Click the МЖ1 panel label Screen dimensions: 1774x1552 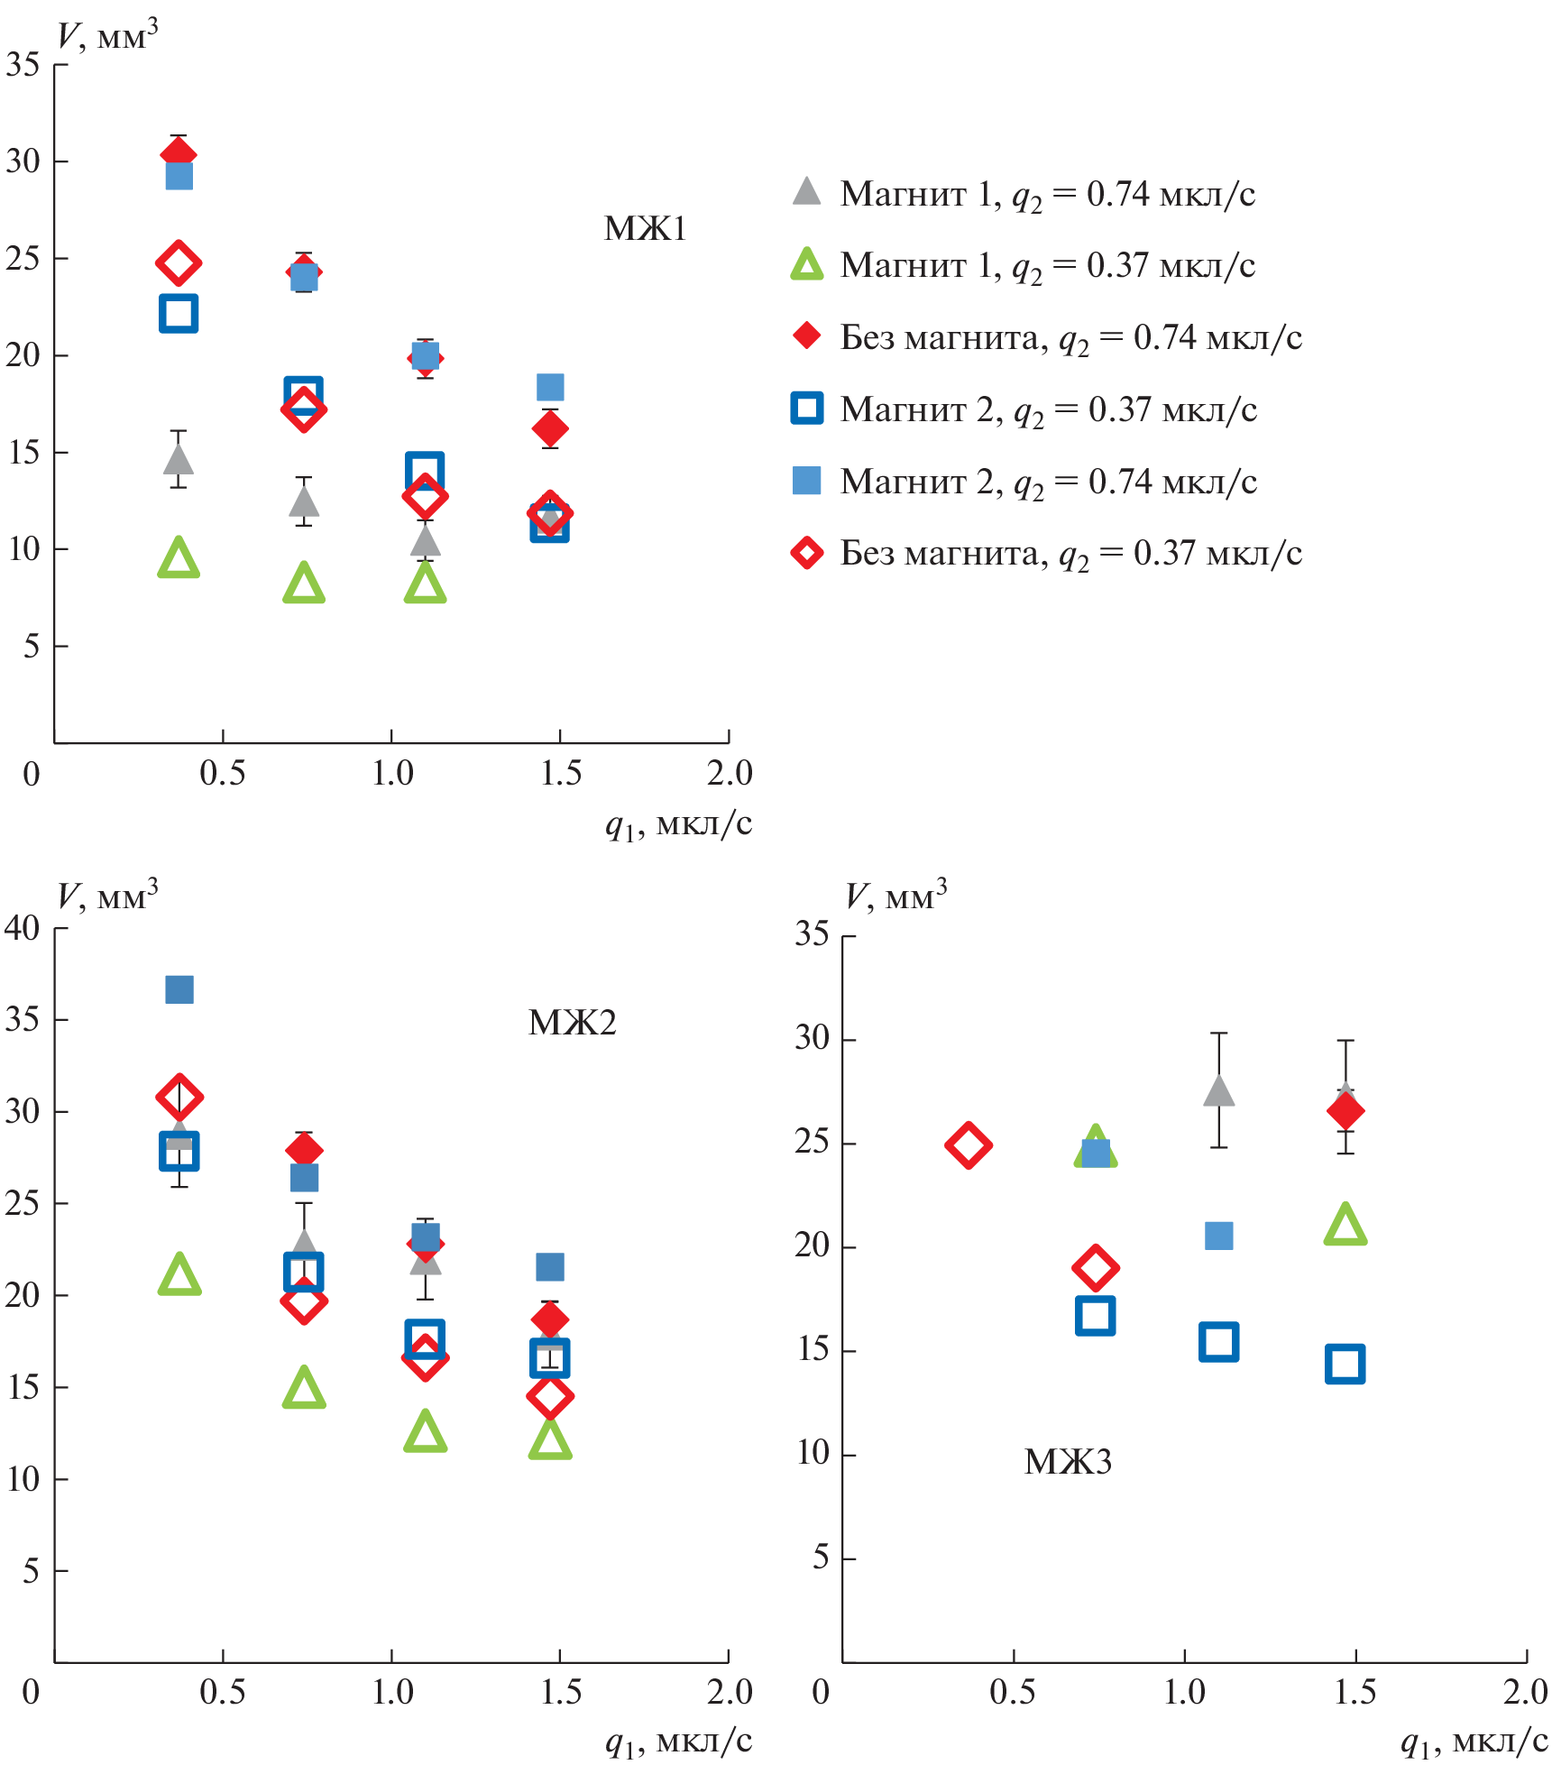[x=645, y=228]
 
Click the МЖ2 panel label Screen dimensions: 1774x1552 [x=572, y=1022]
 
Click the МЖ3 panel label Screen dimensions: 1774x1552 [x=1068, y=1461]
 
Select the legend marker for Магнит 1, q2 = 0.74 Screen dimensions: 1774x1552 [x=806, y=192]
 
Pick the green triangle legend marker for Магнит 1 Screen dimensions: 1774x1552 [x=806, y=264]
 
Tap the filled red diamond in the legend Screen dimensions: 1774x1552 [x=806, y=336]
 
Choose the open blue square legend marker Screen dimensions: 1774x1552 [x=806, y=409]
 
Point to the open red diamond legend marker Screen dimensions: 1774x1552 [x=806, y=553]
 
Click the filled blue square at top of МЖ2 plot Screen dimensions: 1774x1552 [x=179, y=989]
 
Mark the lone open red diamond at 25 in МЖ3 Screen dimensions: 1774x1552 [x=969, y=1145]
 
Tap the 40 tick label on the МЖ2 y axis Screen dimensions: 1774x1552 [x=23, y=928]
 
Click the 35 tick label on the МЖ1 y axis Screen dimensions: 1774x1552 [x=23, y=64]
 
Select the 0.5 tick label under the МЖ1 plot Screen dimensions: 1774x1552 [x=222, y=774]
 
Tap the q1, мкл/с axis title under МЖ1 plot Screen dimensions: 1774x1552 [x=678, y=824]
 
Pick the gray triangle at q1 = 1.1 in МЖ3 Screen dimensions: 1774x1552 [x=1218, y=1091]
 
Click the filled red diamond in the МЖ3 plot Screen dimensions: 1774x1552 [x=1345, y=1111]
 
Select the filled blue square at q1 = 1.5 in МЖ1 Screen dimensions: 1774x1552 [x=550, y=387]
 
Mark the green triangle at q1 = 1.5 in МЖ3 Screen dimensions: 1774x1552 [x=1345, y=1226]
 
